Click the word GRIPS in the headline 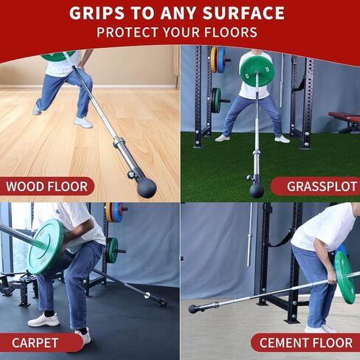(x=97, y=13)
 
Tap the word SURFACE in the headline (x=243, y=13)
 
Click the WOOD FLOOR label (x=46, y=187)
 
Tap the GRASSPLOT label (x=322, y=187)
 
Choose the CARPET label (x=35, y=343)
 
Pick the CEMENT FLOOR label (x=306, y=343)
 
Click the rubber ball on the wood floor (x=147, y=187)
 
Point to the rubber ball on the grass (x=257, y=190)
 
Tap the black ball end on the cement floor (x=193, y=309)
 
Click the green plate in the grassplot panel (x=257, y=72)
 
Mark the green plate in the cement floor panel (x=345, y=277)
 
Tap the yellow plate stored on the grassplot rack (x=214, y=60)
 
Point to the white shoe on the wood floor (x=83, y=122)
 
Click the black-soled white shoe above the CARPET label (x=44, y=319)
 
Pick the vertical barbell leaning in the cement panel (x=249, y=235)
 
